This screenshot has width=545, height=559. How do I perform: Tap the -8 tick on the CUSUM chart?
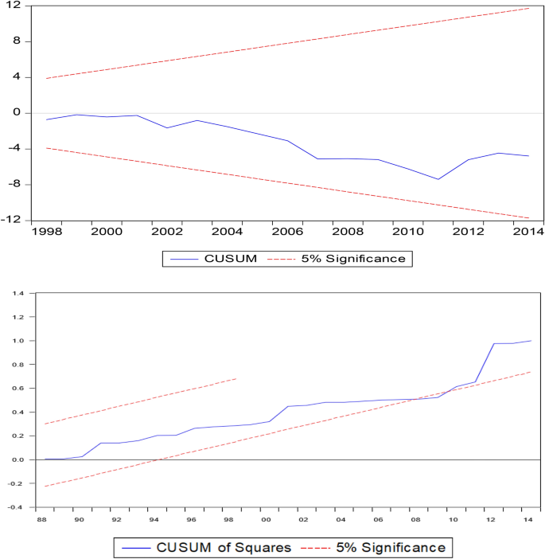13,185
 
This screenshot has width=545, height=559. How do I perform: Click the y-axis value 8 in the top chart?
16,41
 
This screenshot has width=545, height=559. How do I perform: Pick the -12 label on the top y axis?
10,221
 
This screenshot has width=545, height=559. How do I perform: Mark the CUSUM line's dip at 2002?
167,127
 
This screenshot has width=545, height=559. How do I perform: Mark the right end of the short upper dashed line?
237,378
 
